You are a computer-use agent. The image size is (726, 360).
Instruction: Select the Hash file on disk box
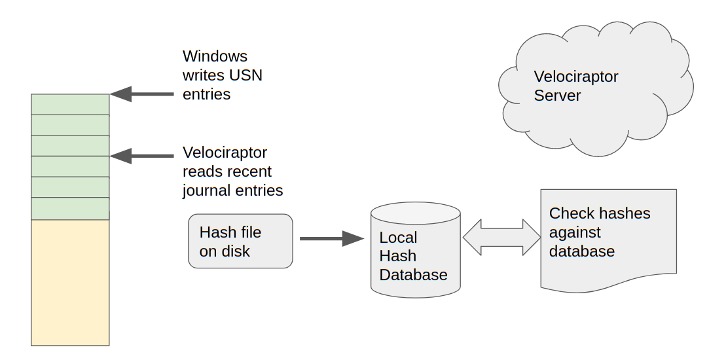pos(240,241)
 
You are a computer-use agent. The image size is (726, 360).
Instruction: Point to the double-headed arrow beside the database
pos(501,238)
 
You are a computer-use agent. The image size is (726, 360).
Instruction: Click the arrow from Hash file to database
pos(331,239)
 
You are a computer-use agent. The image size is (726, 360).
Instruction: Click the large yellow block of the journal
pos(70,282)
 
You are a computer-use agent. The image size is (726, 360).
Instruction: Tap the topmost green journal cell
pos(70,105)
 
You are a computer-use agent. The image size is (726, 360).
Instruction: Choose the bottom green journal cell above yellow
pos(70,209)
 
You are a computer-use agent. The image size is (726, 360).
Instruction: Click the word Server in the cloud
pos(557,96)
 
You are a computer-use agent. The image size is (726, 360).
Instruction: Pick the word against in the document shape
pos(575,232)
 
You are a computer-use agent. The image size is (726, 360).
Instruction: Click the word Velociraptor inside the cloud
pos(576,77)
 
